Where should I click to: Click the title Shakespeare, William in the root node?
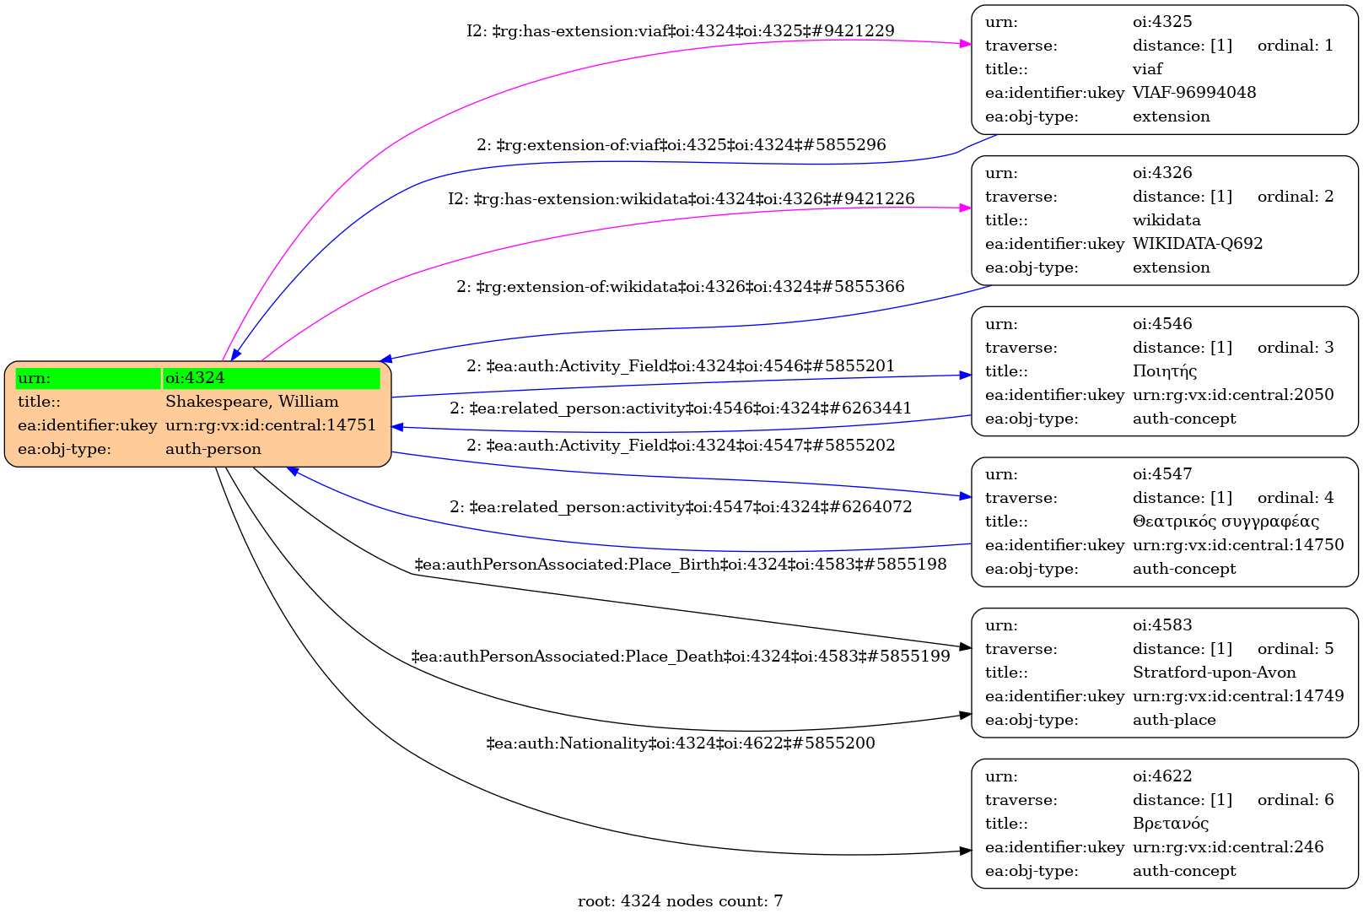pos(251,402)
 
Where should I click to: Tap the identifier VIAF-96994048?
pos(1193,93)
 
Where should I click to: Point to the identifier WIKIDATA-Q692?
pos(1197,244)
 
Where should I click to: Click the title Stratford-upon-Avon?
pos(1214,673)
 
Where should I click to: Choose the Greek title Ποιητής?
pos(1164,371)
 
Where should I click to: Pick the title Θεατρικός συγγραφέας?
pos(1225,522)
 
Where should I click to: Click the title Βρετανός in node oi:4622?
pos(1170,824)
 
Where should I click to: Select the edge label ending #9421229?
pos(680,31)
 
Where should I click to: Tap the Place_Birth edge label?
pos(680,564)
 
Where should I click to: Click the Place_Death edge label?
pos(680,656)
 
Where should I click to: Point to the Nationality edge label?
pos(680,743)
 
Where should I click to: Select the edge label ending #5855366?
pos(680,287)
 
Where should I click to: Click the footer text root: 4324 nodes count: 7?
pos(680,901)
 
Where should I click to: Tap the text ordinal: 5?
pos(1295,649)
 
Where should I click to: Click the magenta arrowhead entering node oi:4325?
pos(966,43)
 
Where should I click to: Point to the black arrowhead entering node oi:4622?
pos(966,851)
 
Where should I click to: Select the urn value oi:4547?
pos(1161,474)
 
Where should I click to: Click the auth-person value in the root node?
pos(213,449)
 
